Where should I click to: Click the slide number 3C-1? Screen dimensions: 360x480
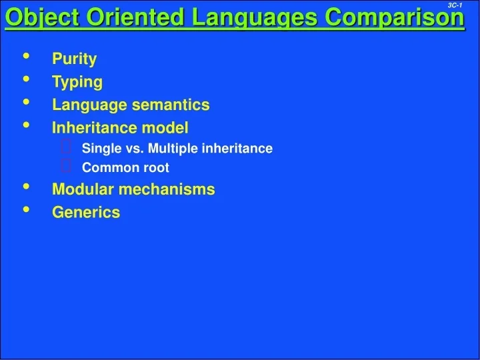[455, 5]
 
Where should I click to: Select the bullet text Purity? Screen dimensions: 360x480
[74, 59]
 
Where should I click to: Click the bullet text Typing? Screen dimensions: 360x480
[77, 82]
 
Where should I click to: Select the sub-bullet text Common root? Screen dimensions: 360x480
[125, 167]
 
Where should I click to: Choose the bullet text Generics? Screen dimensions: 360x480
[86, 213]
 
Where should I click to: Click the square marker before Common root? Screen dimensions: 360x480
[67, 167]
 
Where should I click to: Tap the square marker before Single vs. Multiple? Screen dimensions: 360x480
[67, 147]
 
